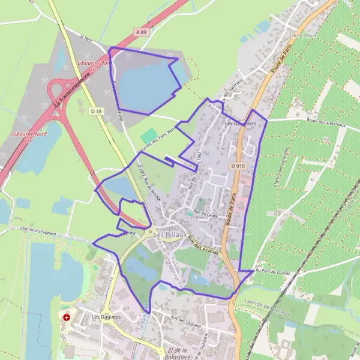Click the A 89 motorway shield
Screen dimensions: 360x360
coord(141,32)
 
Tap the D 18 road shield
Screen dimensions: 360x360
coord(95,110)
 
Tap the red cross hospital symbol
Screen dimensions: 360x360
coord(66,317)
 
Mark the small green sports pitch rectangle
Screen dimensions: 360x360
coord(149,136)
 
